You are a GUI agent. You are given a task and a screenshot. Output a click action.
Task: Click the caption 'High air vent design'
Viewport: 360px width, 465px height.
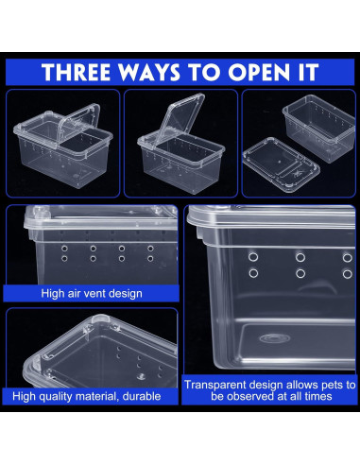(92, 293)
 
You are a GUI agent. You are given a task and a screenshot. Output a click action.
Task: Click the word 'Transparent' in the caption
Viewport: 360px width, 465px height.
(218, 385)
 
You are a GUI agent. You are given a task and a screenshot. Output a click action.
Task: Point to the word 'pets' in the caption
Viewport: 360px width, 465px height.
(321, 385)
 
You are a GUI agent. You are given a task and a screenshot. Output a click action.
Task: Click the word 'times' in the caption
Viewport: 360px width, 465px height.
(317, 398)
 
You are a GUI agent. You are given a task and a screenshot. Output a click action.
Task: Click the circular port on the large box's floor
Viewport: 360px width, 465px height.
(272, 337)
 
